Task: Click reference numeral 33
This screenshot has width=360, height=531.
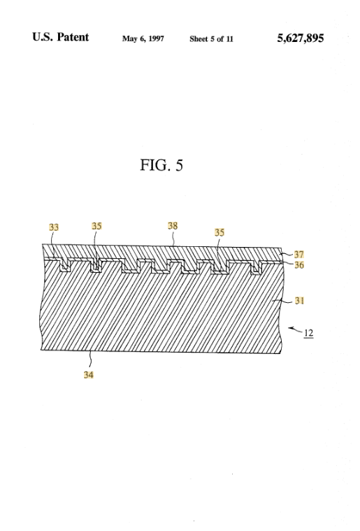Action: pos(54,227)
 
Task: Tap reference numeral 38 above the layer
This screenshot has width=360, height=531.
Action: pos(173,226)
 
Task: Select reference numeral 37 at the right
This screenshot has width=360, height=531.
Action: pos(298,255)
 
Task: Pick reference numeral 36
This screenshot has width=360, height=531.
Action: pos(299,265)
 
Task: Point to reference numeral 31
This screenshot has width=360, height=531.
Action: pos(299,301)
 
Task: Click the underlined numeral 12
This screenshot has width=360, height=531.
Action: pos(308,333)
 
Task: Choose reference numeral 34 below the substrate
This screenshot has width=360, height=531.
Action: pos(89,374)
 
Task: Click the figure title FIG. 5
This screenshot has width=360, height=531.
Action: pos(161,165)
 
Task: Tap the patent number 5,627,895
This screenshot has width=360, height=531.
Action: pos(301,38)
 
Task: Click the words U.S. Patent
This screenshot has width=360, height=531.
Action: pos(61,37)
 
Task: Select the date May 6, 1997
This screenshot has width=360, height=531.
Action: pos(143,38)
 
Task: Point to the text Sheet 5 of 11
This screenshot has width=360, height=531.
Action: pos(212,39)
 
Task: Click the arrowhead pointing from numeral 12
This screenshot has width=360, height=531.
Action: pos(290,328)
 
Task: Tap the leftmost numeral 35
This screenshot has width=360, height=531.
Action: pos(96,226)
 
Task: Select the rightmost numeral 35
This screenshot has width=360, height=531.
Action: pos(219,232)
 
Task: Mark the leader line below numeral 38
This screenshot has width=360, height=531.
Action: pos(173,238)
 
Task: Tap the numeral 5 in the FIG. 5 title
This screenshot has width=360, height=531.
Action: pos(179,165)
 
